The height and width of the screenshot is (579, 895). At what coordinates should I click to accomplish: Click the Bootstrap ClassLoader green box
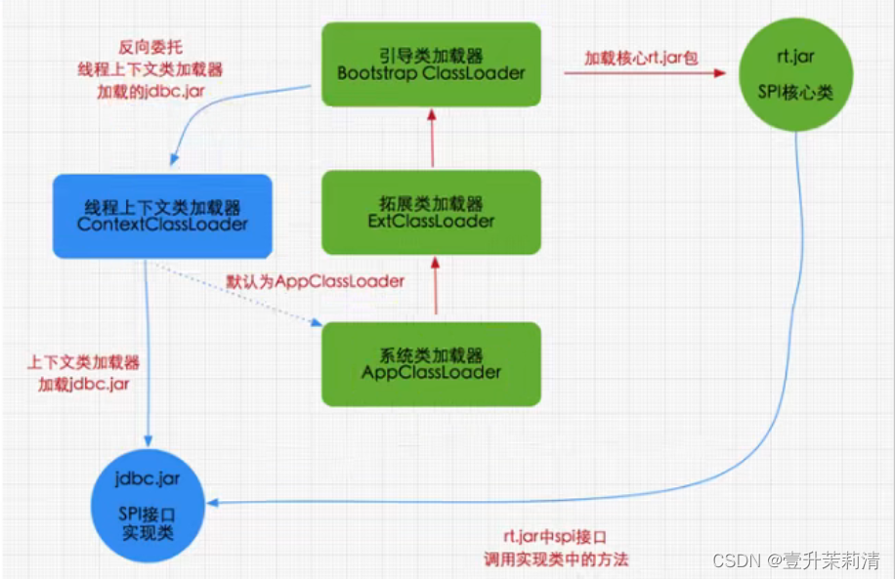tap(431, 64)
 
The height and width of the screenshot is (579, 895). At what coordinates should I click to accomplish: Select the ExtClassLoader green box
tap(430, 213)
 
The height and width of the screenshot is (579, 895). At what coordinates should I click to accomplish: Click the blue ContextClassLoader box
tap(161, 216)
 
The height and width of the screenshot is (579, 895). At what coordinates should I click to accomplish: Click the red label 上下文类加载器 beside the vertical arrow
tap(84, 362)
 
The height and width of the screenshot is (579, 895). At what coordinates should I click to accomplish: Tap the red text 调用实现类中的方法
tap(556, 559)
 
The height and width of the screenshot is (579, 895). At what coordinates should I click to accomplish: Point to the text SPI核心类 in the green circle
tap(795, 92)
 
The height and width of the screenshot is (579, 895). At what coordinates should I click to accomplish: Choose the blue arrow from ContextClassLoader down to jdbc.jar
tap(147, 352)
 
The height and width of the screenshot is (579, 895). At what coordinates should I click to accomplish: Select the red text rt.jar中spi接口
tap(555, 537)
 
